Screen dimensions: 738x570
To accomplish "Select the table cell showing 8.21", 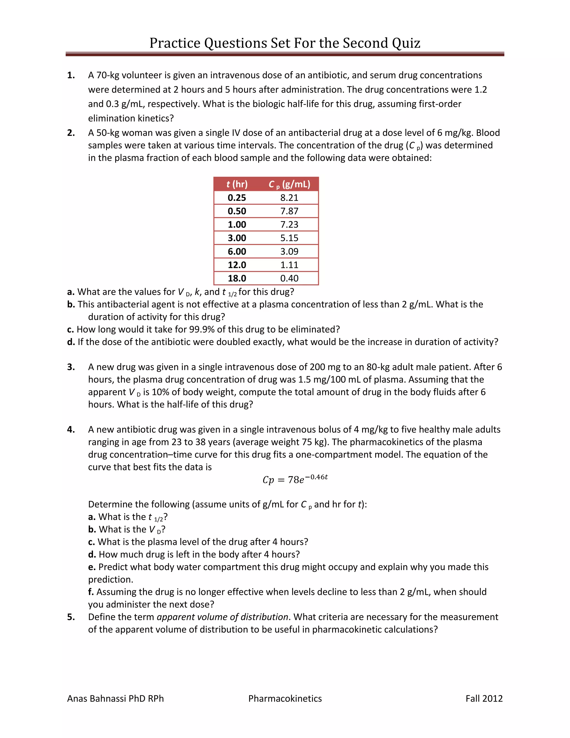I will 289,198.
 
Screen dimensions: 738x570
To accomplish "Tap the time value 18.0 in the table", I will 237,278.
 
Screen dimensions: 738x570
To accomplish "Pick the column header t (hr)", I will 237,184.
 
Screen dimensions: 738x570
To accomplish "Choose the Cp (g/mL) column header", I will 289,184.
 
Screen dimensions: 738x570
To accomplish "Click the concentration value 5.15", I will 289,238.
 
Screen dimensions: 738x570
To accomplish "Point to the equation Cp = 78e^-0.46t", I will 295,479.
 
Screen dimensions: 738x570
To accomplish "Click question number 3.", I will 71,367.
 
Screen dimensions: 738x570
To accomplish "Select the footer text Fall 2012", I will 484,698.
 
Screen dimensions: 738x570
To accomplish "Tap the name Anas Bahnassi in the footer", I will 101,698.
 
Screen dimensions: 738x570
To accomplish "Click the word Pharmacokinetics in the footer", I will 285,698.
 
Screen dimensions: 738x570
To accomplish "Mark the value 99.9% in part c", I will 201,329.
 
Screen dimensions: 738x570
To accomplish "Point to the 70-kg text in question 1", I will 108,75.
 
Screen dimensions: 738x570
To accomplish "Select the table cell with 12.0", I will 237,265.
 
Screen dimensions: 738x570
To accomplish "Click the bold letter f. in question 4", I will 91,592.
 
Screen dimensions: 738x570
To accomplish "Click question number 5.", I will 71,617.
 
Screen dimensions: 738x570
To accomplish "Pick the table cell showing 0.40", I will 289,278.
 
